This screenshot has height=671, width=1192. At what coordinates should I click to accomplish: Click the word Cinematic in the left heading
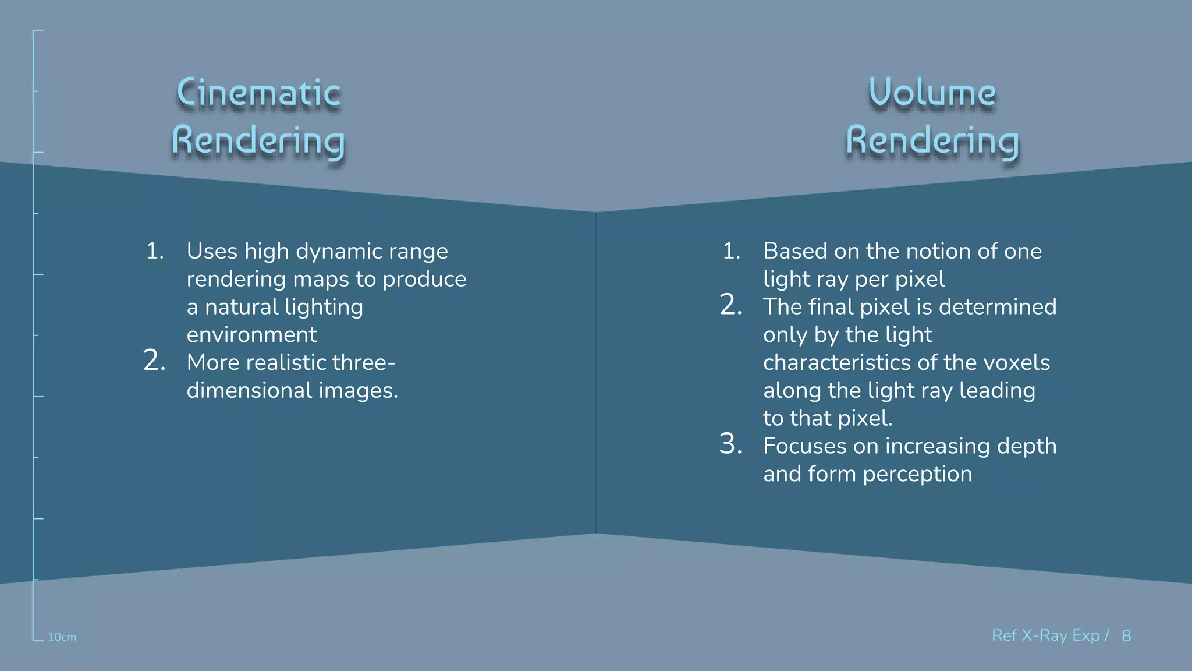click(x=258, y=93)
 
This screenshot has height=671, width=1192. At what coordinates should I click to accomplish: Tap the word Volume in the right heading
click(x=932, y=93)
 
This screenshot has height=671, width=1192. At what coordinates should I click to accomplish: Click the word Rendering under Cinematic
click(x=258, y=142)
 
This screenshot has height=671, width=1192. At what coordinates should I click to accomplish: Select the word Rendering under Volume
click(x=932, y=142)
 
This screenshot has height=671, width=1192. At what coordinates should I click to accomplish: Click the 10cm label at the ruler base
click(x=62, y=637)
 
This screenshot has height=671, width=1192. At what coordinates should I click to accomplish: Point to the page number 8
click(x=1126, y=635)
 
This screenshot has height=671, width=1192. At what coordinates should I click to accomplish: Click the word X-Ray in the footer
click(x=1045, y=635)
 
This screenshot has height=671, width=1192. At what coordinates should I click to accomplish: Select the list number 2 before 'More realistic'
click(x=154, y=361)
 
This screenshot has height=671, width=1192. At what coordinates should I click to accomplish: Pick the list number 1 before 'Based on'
click(x=732, y=251)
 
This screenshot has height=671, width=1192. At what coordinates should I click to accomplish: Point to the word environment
click(x=251, y=335)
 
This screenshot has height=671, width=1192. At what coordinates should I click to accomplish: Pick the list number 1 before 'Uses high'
click(x=155, y=251)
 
